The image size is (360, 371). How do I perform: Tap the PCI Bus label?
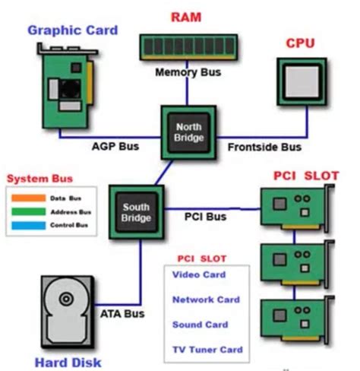coord(205,217)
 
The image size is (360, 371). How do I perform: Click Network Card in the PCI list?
coord(206,300)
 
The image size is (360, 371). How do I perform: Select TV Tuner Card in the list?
coord(207,350)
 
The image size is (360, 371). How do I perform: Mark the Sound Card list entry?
coord(201,325)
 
